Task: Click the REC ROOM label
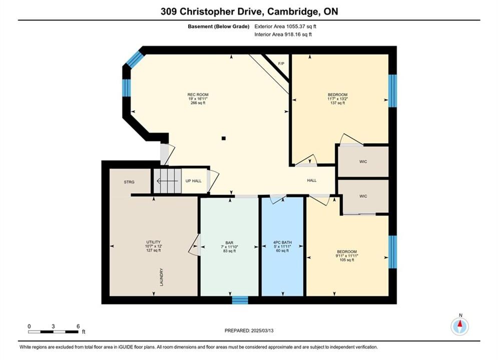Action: pyautogui.click(x=198, y=94)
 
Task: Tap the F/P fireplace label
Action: pyautogui.click(x=281, y=64)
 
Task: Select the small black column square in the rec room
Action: pyautogui.click(x=224, y=138)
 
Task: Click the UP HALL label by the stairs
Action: pyautogui.click(x=193, y=181)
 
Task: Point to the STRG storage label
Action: pyautogui.click(x=129, y=182)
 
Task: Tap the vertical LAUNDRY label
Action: pyautogui.click(x=161, y=277)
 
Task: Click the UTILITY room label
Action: pyautogui.click(x=153, y=242)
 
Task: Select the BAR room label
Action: pyautogui.click(x=229, y=242)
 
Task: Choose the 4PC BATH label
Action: pyautogui.click(x=282, y=242)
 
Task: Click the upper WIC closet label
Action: pyautogui.click(x=363, y=162)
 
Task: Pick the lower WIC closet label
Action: pyautogui.click(x=363, y=196)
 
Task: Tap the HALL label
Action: pyautogui.click(x=312, y=180)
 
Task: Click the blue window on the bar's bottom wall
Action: pyautogui.click(x=240, y=300)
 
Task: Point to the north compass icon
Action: pyautogui.click(x=459, y=325)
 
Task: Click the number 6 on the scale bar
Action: pyautogui.click(x=78, y=326)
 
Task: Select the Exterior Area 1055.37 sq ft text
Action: pyautogui.click(x=285, y=26)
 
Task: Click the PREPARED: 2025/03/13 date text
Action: pyautogui.click(x=249, y=330)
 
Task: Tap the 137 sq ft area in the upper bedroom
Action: pyautogui.click(x=337, y=103)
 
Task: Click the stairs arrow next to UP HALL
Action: pyautogui.click(x=167, y=181)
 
